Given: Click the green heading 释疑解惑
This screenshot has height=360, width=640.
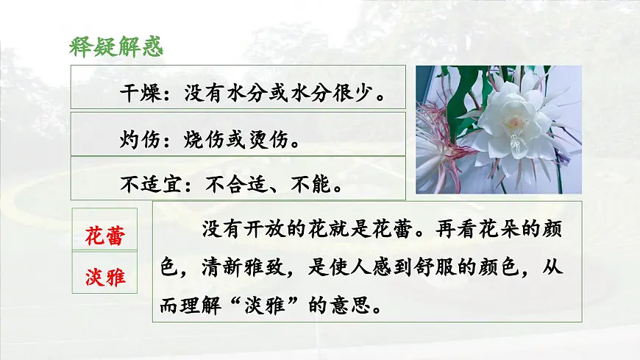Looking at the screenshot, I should [115, 46].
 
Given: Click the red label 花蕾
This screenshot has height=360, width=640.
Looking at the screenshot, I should [104, 236].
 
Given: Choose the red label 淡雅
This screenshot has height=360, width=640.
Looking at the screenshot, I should [104, 278].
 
